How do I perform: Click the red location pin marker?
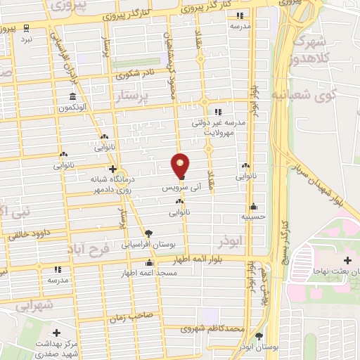tap(181, 165)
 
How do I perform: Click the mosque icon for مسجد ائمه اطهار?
tap(148, 263)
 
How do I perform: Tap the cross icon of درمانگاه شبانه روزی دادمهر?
tap(113, 169)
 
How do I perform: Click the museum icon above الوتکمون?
tap(73, 96)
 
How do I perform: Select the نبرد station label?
tap(26, 40)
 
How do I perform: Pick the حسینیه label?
tap(253, 218)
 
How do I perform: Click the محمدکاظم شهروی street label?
tap(212, 328)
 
